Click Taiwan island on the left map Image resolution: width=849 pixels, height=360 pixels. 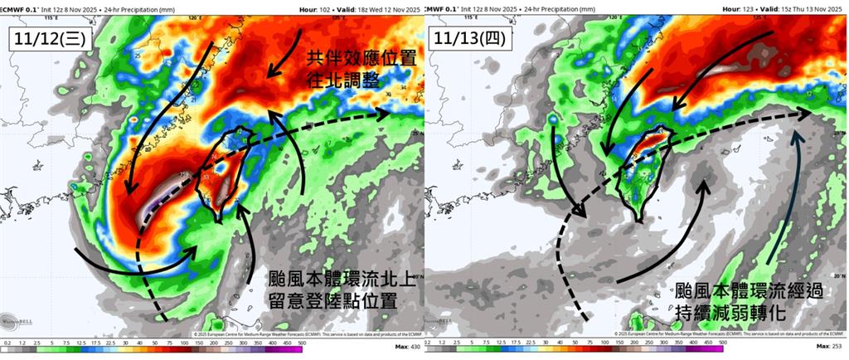tap(219, 174)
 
